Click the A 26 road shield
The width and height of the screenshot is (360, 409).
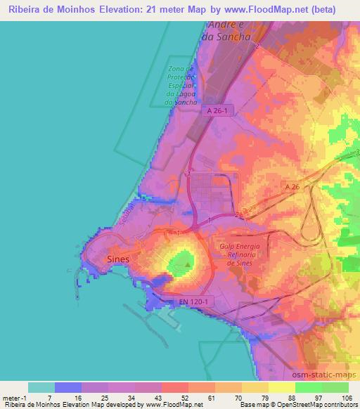292,186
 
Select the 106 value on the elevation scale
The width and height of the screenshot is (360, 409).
348,398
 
